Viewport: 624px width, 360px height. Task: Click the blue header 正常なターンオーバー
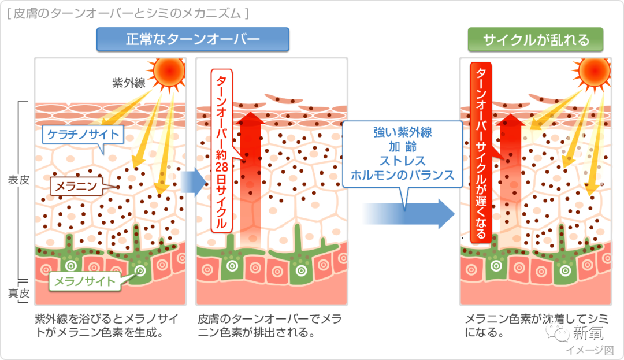192,39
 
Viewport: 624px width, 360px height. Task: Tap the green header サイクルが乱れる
536,39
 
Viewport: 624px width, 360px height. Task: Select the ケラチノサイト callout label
83,135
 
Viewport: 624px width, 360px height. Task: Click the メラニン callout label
76,186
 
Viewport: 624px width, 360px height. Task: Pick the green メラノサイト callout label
85,281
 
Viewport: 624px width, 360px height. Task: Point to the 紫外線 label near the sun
128,83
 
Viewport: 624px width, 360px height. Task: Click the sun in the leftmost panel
169,72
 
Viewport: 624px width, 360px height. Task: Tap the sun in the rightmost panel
594,72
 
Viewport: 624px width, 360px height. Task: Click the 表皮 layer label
18,180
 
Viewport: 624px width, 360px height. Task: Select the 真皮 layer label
18,293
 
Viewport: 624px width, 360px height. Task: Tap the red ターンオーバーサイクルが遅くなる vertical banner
481,153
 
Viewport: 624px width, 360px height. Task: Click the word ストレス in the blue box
402,161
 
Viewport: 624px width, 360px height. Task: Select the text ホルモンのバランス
402,175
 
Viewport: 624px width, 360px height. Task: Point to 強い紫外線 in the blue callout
402,132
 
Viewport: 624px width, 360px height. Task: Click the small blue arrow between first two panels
194,183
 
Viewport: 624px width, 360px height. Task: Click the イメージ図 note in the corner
590,350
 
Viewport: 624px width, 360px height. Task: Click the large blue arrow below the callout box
408,214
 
